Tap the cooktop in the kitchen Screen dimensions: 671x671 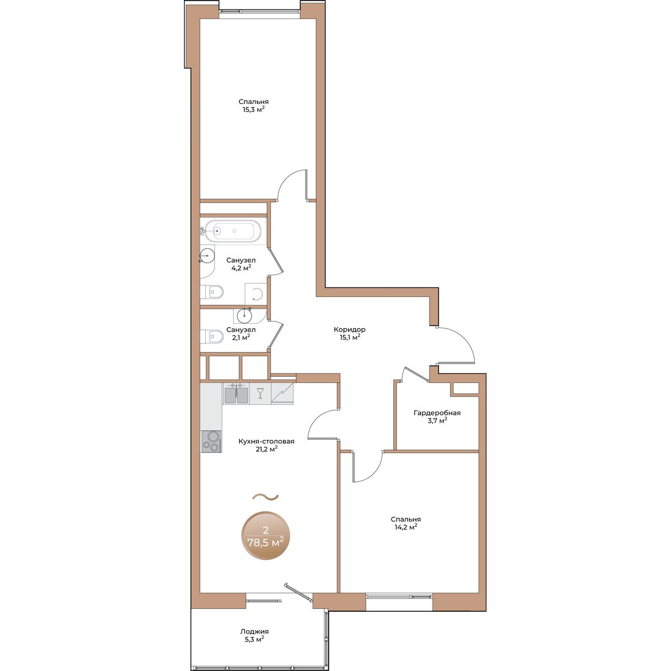point(211,442)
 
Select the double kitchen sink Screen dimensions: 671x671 point(236,394)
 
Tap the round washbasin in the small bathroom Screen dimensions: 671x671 point(244,315)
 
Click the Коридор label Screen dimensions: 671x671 point(349,329)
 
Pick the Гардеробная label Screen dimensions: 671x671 point(437,413)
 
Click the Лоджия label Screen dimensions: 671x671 point(254,632)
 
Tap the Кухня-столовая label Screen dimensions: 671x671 point(266,442)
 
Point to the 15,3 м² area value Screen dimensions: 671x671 point(254,110)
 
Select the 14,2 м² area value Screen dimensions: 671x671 point(405,527)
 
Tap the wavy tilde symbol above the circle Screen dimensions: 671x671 point(266,497)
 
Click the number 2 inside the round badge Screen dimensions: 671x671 point(266,530)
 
